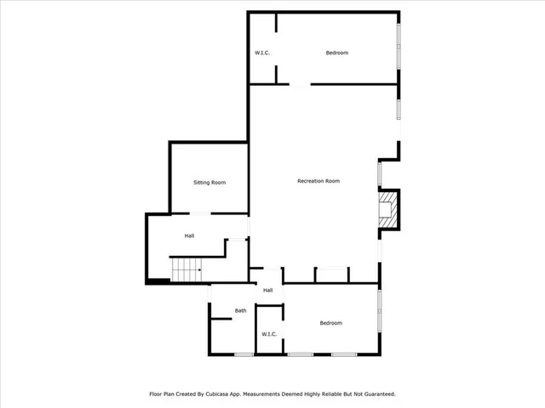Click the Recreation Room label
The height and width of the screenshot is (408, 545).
(x=318, y=181)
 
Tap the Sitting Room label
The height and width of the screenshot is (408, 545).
(x=209, y=183)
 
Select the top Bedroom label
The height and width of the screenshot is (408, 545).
(x=337, y=54)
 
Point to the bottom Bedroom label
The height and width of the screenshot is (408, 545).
(x=330, y=323)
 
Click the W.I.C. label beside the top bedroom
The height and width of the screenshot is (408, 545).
(x=262, y=54)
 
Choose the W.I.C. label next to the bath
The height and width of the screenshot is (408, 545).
(x=268, y=334)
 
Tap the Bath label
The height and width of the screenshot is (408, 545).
(x=241, y=310)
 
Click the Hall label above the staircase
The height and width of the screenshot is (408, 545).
(x=190, y=235)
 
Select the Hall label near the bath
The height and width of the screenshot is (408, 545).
(x=267, y=291)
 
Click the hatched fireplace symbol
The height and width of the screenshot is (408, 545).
(x=388, y=209)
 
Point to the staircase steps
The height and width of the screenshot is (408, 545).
(x=185, y=270)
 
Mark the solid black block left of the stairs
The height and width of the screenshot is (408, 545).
(x=158, y=281)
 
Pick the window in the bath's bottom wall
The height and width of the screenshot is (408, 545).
(x=244, y=354)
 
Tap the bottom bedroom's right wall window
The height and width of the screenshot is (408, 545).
(x=380, y=310)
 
